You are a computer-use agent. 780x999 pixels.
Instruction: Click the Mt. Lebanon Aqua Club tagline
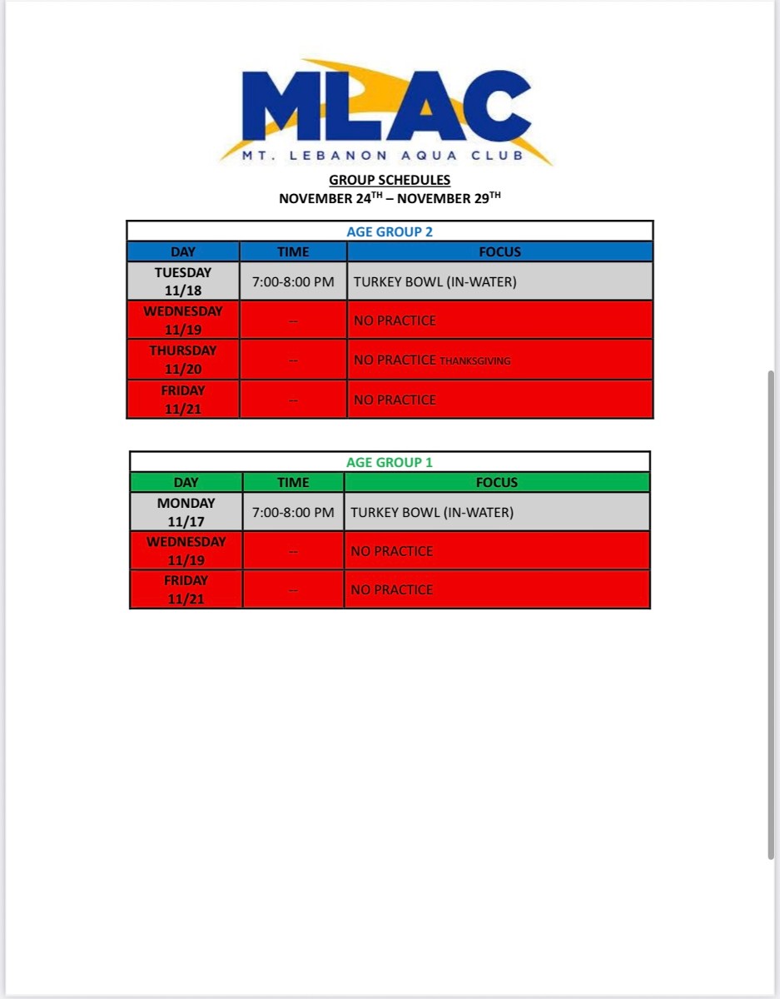[x=384, y=156]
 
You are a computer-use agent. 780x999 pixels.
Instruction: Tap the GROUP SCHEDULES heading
[x=390, y=180]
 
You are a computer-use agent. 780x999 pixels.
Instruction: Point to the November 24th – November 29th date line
[x=390, y=198]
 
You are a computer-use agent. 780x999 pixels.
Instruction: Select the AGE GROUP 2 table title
[x=390, y=231]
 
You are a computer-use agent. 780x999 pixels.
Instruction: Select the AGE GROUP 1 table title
[x=390, y=462]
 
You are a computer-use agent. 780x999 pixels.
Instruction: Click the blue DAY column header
[x=183, y=251]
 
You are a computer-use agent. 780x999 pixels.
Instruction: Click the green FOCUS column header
[x=497, y=482]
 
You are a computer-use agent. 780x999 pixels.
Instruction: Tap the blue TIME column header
[x=293, y=251]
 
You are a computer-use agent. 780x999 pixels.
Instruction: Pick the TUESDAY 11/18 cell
[x=183, y=281]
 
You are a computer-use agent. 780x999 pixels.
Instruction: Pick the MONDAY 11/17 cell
[x=186, y=512]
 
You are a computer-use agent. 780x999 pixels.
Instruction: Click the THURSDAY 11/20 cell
[x=183, y=360]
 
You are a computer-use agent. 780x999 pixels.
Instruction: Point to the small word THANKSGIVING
[x=474, y=361]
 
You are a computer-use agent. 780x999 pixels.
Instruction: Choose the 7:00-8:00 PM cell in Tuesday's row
[x=293, y=281]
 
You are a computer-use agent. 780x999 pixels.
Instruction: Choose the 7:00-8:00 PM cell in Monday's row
[x=293, y=512]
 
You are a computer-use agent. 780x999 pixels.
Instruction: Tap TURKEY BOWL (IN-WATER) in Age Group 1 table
[x=432, y=512]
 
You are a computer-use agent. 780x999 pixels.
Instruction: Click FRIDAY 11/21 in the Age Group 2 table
[x=183, y=400]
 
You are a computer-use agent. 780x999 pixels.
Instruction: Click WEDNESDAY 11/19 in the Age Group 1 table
[x=186, y=550]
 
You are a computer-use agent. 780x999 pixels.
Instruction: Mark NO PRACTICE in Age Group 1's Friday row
[x=392, y=589]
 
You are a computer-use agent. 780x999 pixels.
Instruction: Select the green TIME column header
[x=293, y=482]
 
